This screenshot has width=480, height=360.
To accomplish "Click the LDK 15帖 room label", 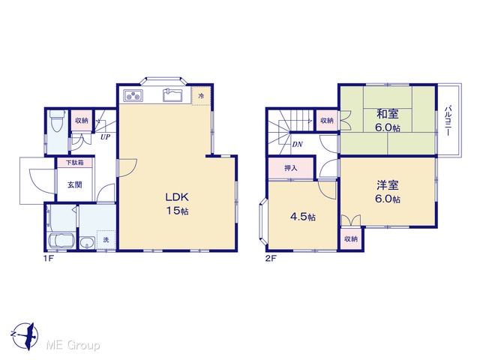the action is click(177, 204).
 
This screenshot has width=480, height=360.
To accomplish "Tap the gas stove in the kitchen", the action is click(133, 95).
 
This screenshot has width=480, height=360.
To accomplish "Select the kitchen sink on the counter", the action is click(172, 95).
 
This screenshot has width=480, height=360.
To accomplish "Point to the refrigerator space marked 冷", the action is click(201, 96).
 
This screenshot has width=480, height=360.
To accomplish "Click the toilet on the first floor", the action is click(57, 121).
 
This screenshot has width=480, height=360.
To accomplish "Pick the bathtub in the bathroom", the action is click(61, 241).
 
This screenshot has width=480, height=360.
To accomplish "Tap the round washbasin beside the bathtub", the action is click(88, 243).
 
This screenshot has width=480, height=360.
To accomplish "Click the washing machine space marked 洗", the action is click(106, 240).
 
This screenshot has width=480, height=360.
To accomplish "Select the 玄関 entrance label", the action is click(75, 185).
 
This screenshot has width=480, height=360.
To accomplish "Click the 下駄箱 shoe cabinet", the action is click(75, 163).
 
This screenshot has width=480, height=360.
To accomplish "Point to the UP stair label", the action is click(105, 136).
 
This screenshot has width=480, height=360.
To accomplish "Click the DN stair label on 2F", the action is click(297, 144).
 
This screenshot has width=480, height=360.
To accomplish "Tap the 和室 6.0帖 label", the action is click(388, 120).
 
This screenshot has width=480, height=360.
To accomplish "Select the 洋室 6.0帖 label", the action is click(388, 192).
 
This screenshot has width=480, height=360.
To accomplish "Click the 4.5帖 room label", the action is click(303, 217).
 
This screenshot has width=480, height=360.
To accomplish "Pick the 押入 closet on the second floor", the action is click(290, 168).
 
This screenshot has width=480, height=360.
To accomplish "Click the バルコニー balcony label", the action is click(448, 121).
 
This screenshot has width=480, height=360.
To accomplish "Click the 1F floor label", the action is click(48, 258).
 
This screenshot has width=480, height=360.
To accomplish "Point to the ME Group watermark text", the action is click(73, 345).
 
